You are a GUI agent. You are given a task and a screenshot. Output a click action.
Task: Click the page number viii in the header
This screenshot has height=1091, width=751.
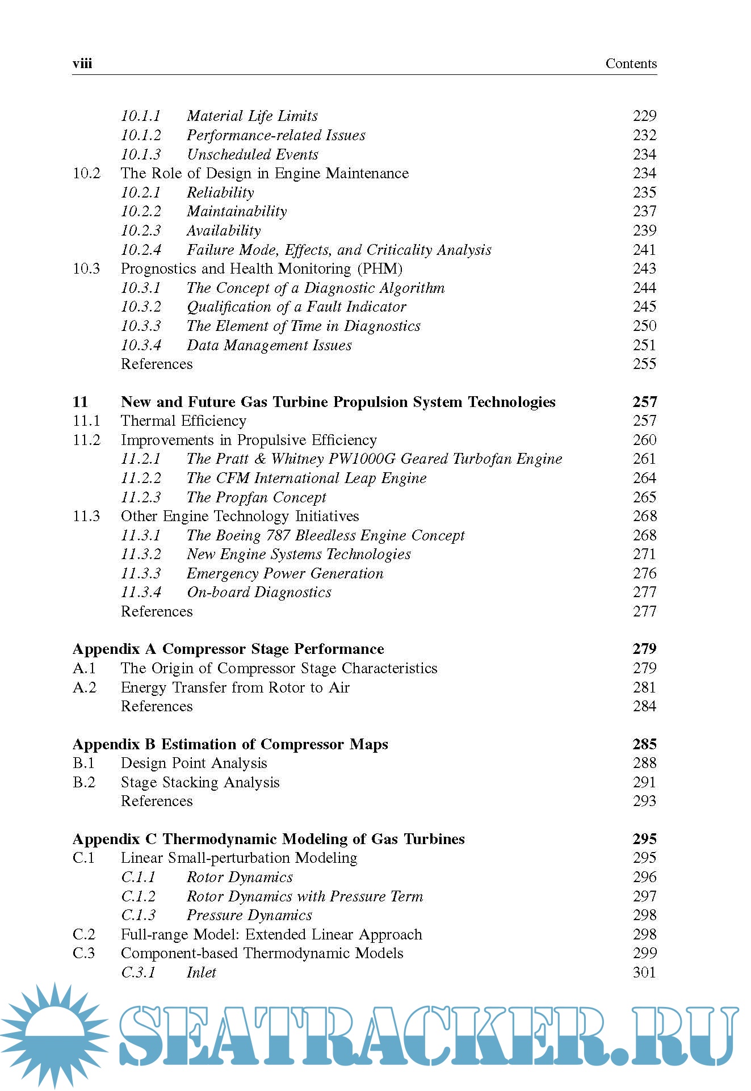click(82, 64)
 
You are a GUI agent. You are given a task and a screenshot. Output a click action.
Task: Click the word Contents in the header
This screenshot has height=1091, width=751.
click(631, 64)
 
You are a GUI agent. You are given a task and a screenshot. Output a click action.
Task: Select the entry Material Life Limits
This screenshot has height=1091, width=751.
click(252, 116)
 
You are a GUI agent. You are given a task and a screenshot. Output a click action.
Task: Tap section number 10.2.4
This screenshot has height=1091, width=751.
click(141, 250)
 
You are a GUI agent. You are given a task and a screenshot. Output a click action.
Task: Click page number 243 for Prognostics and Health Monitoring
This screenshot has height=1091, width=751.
click(644, 268)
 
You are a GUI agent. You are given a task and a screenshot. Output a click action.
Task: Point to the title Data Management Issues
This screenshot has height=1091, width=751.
click(269, 345)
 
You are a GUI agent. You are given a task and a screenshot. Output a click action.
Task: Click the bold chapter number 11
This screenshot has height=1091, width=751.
click(80, 402)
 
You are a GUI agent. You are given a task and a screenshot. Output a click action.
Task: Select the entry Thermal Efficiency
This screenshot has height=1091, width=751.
click(183, 421)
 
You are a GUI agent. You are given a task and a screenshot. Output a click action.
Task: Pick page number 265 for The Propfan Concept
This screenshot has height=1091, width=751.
click(644, 497)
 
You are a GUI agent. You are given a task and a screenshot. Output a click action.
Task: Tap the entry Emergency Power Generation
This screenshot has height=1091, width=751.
click(285, 573)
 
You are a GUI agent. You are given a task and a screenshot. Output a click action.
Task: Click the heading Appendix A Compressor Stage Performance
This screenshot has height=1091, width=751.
click(228, 649)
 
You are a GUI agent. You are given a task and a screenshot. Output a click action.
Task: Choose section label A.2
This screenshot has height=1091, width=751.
click(85, 687)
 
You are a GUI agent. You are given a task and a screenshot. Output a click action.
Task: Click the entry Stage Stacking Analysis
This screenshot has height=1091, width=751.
click(200, 782)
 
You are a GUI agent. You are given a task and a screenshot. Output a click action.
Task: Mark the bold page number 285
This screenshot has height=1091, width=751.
click(644, 744)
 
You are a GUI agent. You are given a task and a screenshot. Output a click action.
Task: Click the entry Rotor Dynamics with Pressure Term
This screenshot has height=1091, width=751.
click(305, 896)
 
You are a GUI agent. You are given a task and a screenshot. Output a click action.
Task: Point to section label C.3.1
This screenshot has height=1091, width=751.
click(138, 972)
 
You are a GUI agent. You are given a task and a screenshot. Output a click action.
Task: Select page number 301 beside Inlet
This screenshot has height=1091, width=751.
click(644, 972)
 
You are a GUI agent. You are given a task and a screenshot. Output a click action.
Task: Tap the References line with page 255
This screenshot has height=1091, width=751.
click(157, 364)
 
